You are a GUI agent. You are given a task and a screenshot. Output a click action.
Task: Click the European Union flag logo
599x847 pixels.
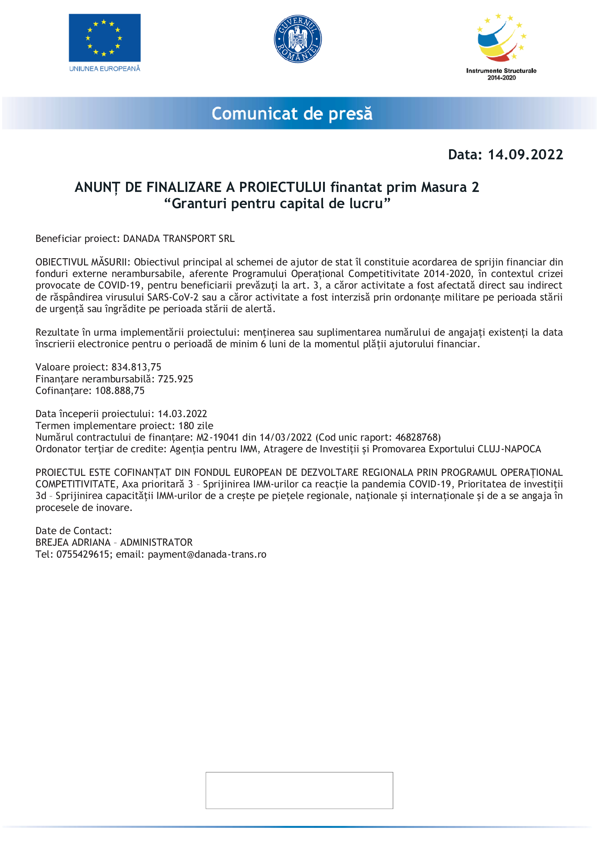point(104,38)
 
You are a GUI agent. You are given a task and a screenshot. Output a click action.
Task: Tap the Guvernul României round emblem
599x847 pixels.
point(298,39)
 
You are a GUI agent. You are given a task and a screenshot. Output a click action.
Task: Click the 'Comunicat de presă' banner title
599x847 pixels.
point(292,114)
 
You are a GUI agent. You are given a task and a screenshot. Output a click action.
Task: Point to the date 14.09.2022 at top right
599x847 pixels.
point(525,155)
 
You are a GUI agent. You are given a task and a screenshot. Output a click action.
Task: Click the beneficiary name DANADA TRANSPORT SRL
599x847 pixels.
point(179,239)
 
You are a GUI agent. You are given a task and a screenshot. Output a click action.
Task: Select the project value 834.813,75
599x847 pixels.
point(136,367)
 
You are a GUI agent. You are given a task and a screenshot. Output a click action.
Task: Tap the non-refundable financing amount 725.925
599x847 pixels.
point(175,379)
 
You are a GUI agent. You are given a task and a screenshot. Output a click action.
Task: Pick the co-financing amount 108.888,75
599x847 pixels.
point(120,391)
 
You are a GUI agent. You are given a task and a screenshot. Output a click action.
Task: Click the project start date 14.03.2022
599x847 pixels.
point(182,414)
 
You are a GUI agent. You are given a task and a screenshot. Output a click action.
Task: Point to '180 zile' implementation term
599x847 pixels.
point(196,426)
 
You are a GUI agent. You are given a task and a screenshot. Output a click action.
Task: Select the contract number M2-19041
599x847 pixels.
point(218,437)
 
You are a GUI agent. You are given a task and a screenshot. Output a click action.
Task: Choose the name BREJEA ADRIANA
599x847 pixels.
point(73,542)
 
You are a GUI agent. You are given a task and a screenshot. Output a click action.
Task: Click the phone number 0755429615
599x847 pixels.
point(83,554)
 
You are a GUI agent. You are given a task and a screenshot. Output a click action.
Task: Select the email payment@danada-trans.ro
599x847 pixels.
point(207,554)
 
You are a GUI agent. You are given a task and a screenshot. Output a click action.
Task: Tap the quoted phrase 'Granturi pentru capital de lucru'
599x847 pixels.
point(277,204)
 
